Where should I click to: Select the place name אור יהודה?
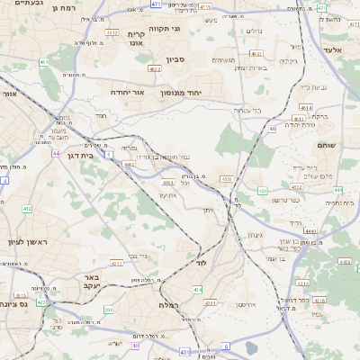(127, 93)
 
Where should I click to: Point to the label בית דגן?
(80, 155)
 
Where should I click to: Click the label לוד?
(201, 262)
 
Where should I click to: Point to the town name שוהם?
(326, 143)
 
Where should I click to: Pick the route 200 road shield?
(109, 310)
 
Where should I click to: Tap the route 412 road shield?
(27, 208)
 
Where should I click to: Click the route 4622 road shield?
(155, 68)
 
